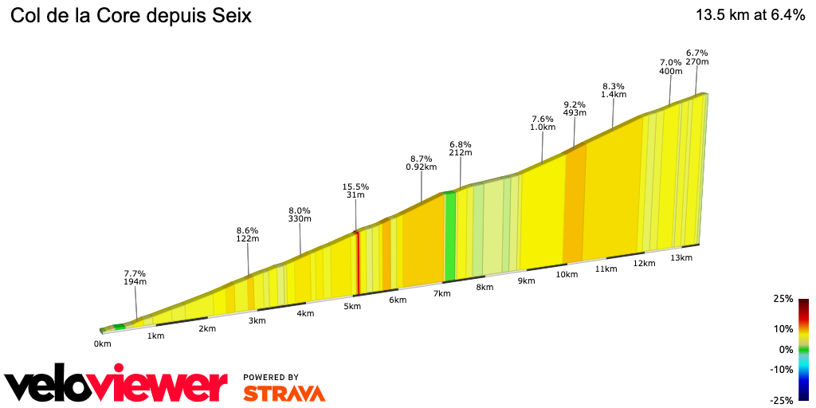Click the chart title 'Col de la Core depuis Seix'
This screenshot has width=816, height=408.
pyautogui.click(x=131, y=16)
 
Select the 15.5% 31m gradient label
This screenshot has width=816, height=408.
pyautogui.click(x=355, y=190)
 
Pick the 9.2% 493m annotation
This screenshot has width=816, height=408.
pyautogui.click(x=575, y=108)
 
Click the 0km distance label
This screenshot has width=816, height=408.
pyautogui.click(x=102, y=344)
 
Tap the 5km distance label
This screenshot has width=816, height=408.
pyautogui.click(x=352, y=307)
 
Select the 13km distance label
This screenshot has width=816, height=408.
pyautogui.click(x=681, y=257)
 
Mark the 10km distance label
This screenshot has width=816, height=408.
pyautogui.click(x=567, y=275)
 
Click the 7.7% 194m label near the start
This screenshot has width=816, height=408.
pyautogui.click(x=135, y=277)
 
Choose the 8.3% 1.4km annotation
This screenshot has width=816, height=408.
pyautogui.click(x=614, y=90)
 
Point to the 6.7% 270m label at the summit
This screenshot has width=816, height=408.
pyautogui.click(x=697, y=57)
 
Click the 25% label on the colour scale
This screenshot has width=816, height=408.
pyautogui.click(x=783, y=299)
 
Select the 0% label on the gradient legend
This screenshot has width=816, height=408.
pyautogui.click(x=786, y=349)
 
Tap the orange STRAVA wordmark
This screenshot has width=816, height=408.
pyautogui.click(x=284, y=393)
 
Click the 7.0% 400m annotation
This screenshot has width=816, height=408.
pyautogui.click(x=671, y=67)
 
